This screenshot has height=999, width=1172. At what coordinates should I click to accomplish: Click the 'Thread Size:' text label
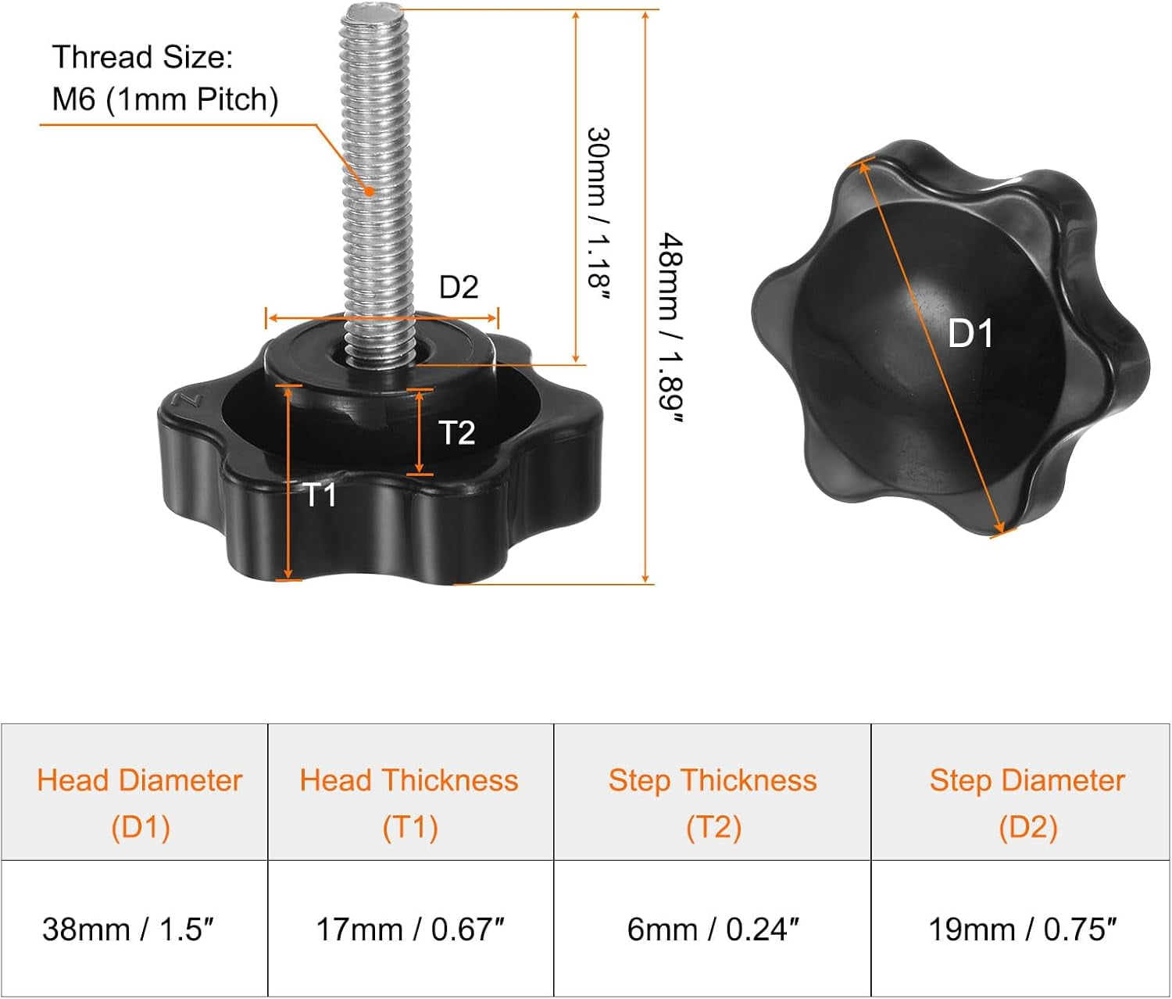point(142,58)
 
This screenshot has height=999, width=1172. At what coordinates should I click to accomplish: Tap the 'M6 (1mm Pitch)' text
point(165,100)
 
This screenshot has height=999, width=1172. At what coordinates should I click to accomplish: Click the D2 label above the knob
point(458,288)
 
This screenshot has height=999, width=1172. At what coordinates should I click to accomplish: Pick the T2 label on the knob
point(456,432)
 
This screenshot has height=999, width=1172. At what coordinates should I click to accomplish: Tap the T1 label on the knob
point(320,495)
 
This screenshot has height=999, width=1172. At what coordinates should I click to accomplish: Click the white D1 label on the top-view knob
point(970,334)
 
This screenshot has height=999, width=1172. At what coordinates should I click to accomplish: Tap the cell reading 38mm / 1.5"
point(128,929)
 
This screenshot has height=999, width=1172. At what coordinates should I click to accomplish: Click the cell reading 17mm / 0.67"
point(409,929)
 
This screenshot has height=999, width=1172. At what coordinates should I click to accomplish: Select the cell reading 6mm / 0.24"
point(713,929)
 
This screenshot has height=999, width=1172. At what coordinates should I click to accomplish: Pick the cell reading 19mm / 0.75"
point(1022,929)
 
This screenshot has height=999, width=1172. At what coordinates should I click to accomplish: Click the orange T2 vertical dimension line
point(420,431)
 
